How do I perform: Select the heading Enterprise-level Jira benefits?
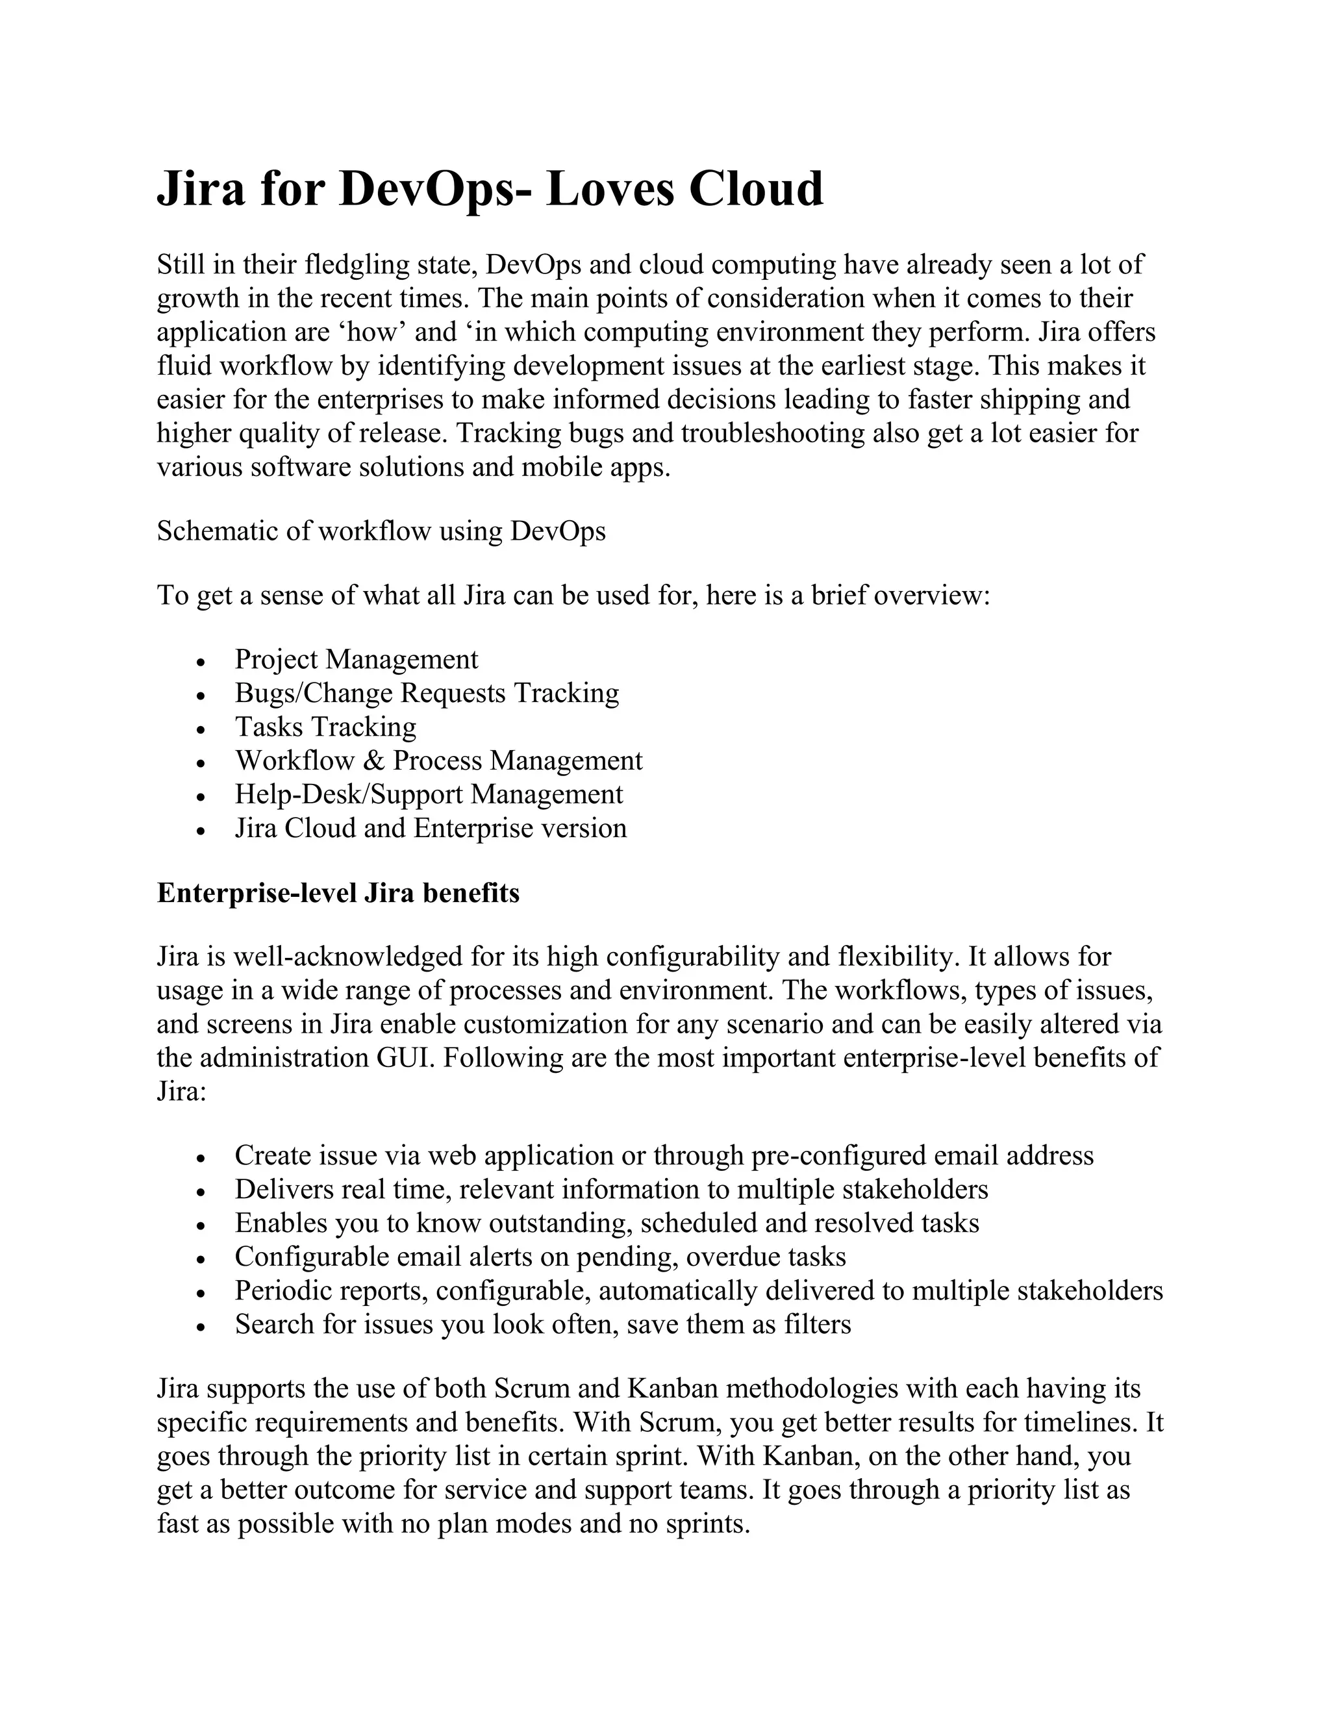click(338, 893)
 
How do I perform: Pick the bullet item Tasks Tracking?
click(325, 727)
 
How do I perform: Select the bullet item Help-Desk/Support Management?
click(429, 794)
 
